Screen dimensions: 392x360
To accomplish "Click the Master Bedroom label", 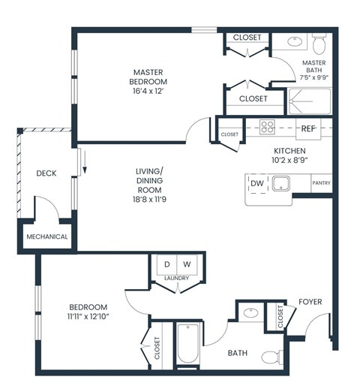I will click(147, 77).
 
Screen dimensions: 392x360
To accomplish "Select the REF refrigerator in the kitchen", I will click(307, 128).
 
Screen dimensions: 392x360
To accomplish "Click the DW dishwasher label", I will click(256, 183).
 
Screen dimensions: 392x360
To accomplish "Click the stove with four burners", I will click(268, 126).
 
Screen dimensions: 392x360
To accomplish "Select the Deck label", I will click(46, 173).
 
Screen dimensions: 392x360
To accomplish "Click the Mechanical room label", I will click(47, 237).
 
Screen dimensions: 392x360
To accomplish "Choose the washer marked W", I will click(187, 264).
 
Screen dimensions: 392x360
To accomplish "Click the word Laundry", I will click(177, 279).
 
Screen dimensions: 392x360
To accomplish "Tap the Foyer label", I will click(310, 302).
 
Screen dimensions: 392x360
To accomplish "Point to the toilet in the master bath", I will click(318, 40).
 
